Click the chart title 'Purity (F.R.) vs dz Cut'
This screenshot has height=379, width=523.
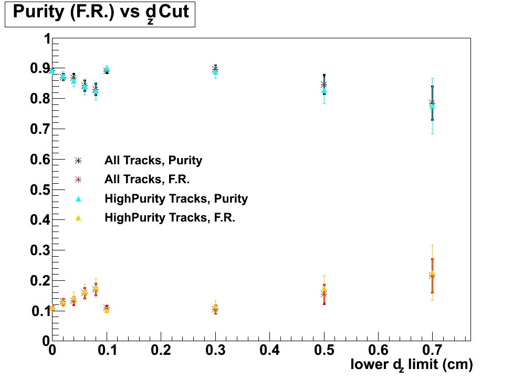point(100,13)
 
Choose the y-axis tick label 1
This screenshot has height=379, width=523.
point(46,39)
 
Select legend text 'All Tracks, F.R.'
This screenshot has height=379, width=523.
point(147,179)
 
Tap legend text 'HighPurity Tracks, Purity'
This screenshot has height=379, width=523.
point(176,198)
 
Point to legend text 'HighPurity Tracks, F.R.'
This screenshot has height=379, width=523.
point(170,217)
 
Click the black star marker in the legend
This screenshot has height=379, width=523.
point(78,160)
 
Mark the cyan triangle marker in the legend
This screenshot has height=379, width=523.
point(78,198)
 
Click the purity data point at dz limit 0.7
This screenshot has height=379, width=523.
point(432,103)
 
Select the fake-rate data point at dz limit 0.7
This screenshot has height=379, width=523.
point(432,275)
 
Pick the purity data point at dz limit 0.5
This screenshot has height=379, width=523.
point(324,85)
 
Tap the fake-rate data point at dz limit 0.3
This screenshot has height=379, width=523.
point(215,309)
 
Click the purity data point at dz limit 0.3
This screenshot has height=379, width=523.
point(215,69)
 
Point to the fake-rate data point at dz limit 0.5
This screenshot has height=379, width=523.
point(324,294)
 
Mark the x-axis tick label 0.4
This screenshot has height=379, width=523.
point(269,350)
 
